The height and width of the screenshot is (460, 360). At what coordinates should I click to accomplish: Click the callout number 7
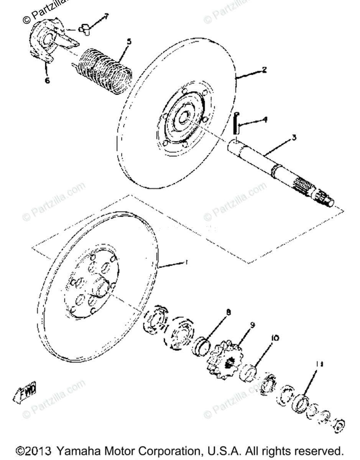(x=106, y=16)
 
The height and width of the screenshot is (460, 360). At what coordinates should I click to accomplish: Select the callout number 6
(x=47, y=81)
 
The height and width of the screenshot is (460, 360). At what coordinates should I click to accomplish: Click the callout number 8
(x=228, y=313)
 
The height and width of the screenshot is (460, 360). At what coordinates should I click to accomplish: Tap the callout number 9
(x=252, y=325)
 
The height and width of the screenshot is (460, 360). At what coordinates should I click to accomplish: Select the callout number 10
(x=275, y=338)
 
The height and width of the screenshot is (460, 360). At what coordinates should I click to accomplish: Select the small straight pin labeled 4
(x=237, y=123)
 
